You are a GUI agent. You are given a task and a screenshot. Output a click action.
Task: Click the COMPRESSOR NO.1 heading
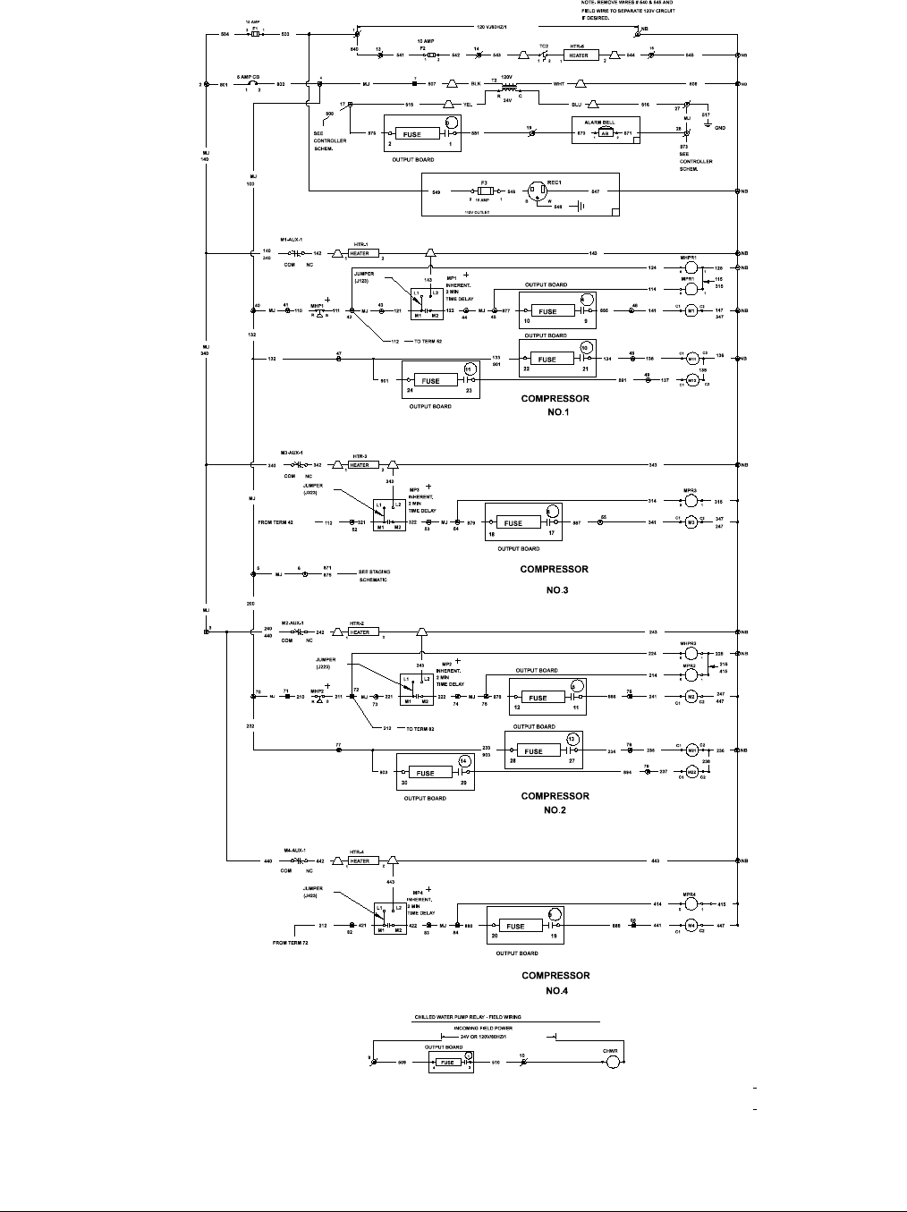pyautogui.click(x=555, y=405)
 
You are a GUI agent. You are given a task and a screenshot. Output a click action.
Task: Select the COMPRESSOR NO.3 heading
pyautogui.click(x=555, y=579)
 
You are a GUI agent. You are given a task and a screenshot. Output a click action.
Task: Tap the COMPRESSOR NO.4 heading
pyautogui.click(x=555, y=982)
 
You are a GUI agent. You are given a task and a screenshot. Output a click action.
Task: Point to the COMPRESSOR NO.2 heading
pyautogui.click(x=555, y=802)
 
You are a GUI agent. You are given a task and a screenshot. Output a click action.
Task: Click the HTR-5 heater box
pyautogui.click(x=579, y=55)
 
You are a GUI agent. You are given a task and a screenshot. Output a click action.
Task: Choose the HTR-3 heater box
pyautogui.click(x=360, y=465)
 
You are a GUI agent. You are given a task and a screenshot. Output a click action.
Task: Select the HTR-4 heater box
pyautogui.click(x=360, y=861)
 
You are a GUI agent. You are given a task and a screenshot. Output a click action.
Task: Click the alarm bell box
pyautogui.click(x=605, y=131)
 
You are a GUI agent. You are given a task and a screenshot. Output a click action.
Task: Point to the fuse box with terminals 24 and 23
pyautogui.click(x=432, y=381)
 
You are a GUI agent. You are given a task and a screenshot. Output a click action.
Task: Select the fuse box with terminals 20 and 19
pyautogui.click(x=516, y=926)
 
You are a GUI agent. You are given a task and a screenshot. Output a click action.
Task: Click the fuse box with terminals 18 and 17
pyautogui.click(x=513, y=523)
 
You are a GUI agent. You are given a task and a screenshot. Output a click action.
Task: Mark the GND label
pyautogui.click(x=720, y=128)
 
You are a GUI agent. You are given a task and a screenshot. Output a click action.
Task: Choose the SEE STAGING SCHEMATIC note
pyautogui.click(x=373, y=575)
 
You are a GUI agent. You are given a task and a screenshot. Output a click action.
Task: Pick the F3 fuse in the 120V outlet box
pyautogui.click(x=485, y=191)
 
